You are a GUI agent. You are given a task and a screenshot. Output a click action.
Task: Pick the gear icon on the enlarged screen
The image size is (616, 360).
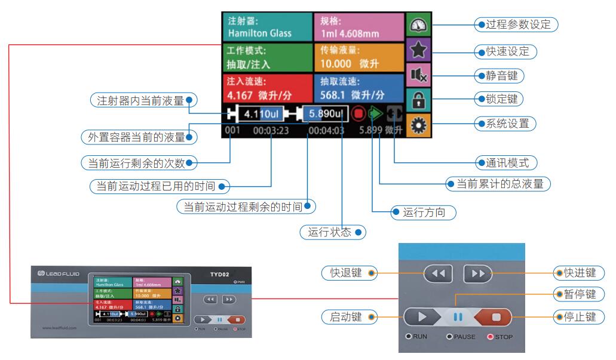tap(418, 127)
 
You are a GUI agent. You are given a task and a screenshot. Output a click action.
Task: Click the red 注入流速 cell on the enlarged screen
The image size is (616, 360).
tap(268, 88)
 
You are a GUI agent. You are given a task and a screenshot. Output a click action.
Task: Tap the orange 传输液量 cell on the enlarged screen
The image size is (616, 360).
tap(358, 57)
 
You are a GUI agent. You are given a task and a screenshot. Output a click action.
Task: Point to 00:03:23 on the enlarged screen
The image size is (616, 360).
tap(271, 130)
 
